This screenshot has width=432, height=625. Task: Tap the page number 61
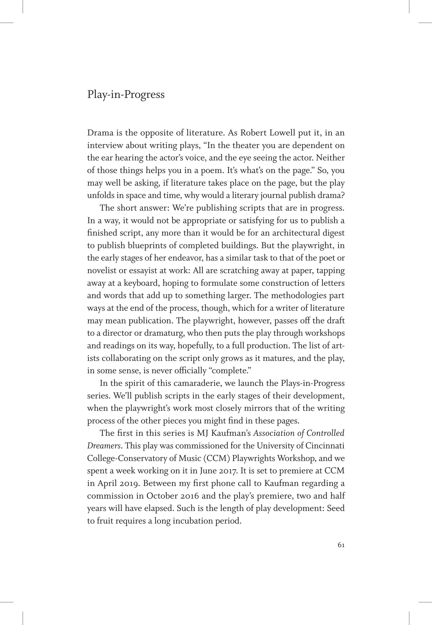(341, 545)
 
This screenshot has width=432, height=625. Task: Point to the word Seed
(336, 508)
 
